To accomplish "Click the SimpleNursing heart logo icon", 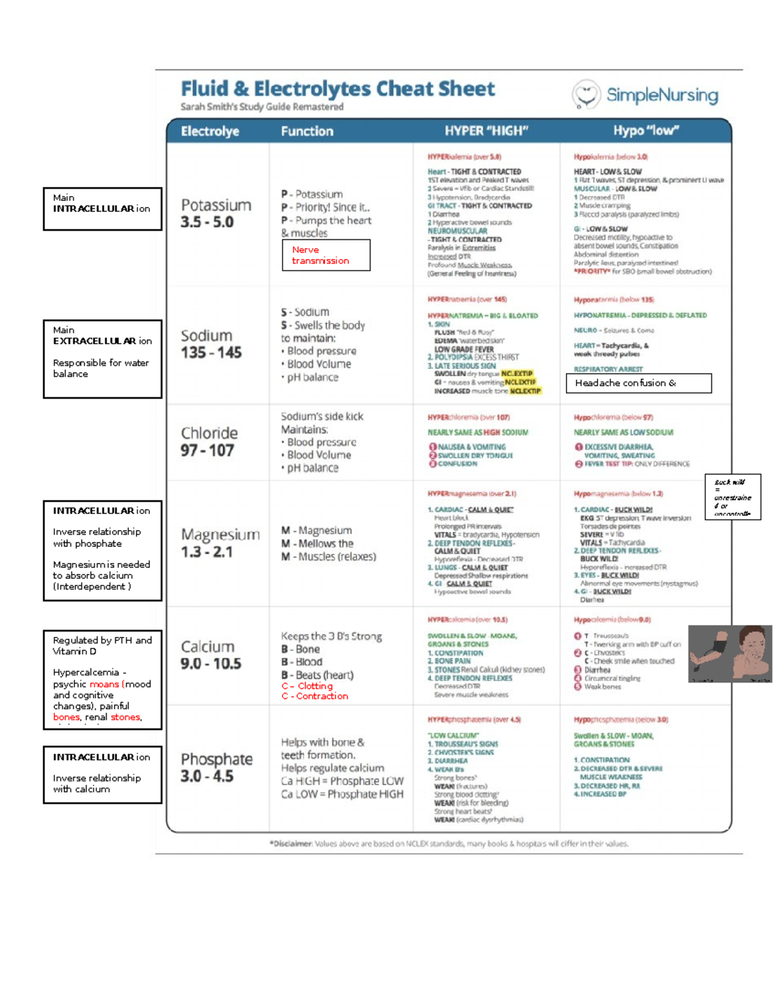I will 586,94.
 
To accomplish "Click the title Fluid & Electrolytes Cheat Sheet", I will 338,89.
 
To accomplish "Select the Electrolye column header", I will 210,131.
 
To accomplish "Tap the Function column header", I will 307,131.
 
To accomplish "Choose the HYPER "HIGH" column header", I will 486,131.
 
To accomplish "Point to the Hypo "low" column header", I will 646,131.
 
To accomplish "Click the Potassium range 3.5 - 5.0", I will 207,222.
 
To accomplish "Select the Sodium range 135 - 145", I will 211,353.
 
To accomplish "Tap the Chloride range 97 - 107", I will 207,451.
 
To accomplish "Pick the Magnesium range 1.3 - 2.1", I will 207,552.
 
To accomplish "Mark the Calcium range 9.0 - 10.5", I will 211,664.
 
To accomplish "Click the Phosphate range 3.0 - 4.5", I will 207,776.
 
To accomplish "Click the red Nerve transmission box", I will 326,255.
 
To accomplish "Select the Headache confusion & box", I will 638,383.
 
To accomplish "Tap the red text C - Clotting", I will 307,686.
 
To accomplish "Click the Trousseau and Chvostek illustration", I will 730,654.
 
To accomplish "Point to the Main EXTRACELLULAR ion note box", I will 102,359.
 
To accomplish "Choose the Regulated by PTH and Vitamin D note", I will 102,679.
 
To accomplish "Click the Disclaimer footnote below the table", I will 449,844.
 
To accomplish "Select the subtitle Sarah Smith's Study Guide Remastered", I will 262,107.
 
